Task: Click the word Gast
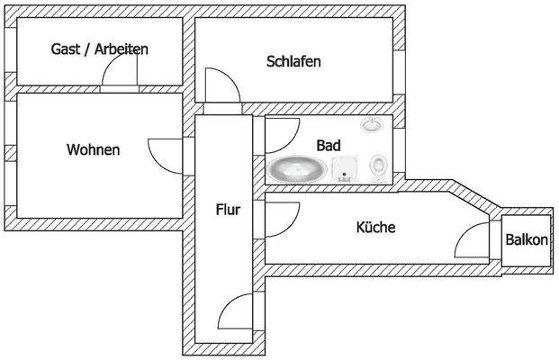point(66,49)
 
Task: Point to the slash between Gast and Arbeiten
point(87,49)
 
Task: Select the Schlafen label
point(293,62)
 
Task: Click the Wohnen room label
point(93,150)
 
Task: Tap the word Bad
point(329,145)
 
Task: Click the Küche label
point(376,229)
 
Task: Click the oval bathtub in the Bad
point(297,169)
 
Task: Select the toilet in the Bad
point(381,166)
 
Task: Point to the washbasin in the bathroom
point(371,125)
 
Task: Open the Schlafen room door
point(221,86)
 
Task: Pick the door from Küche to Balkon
point(473,241)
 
